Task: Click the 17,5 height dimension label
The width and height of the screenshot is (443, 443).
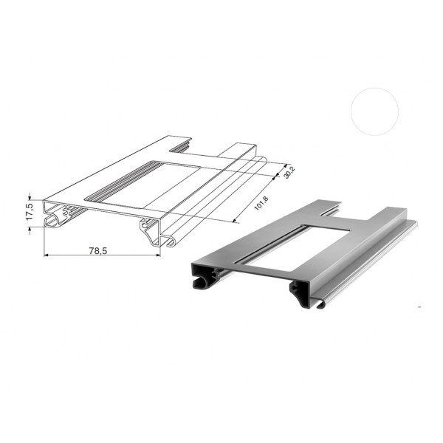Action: coord(30,212)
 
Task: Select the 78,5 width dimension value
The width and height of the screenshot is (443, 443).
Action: coord(98,250)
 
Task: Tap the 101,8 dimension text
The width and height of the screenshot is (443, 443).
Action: coord(261,202)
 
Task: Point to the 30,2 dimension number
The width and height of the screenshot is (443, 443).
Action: coord(289,172)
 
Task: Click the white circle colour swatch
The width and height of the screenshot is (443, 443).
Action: coord(374,111)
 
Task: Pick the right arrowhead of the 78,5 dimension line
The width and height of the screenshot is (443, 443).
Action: coord(158,255)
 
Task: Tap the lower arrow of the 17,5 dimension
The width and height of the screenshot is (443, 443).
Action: coord(30,230)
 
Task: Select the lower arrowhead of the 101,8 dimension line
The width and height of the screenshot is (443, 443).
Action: coord(233,220)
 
